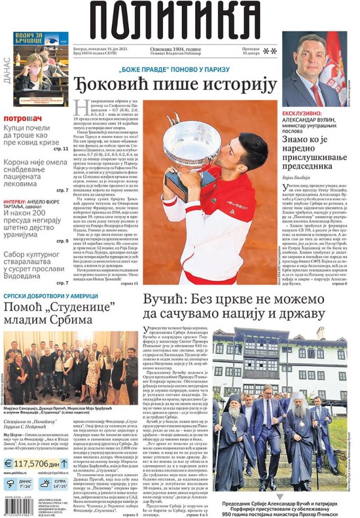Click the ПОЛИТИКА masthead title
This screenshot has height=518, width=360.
[x=179, y=20]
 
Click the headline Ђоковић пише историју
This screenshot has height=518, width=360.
[x=175, y=85]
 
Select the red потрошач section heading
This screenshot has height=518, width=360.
[x=23, y=119]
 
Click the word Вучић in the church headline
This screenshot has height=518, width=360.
[x=165, y=299]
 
